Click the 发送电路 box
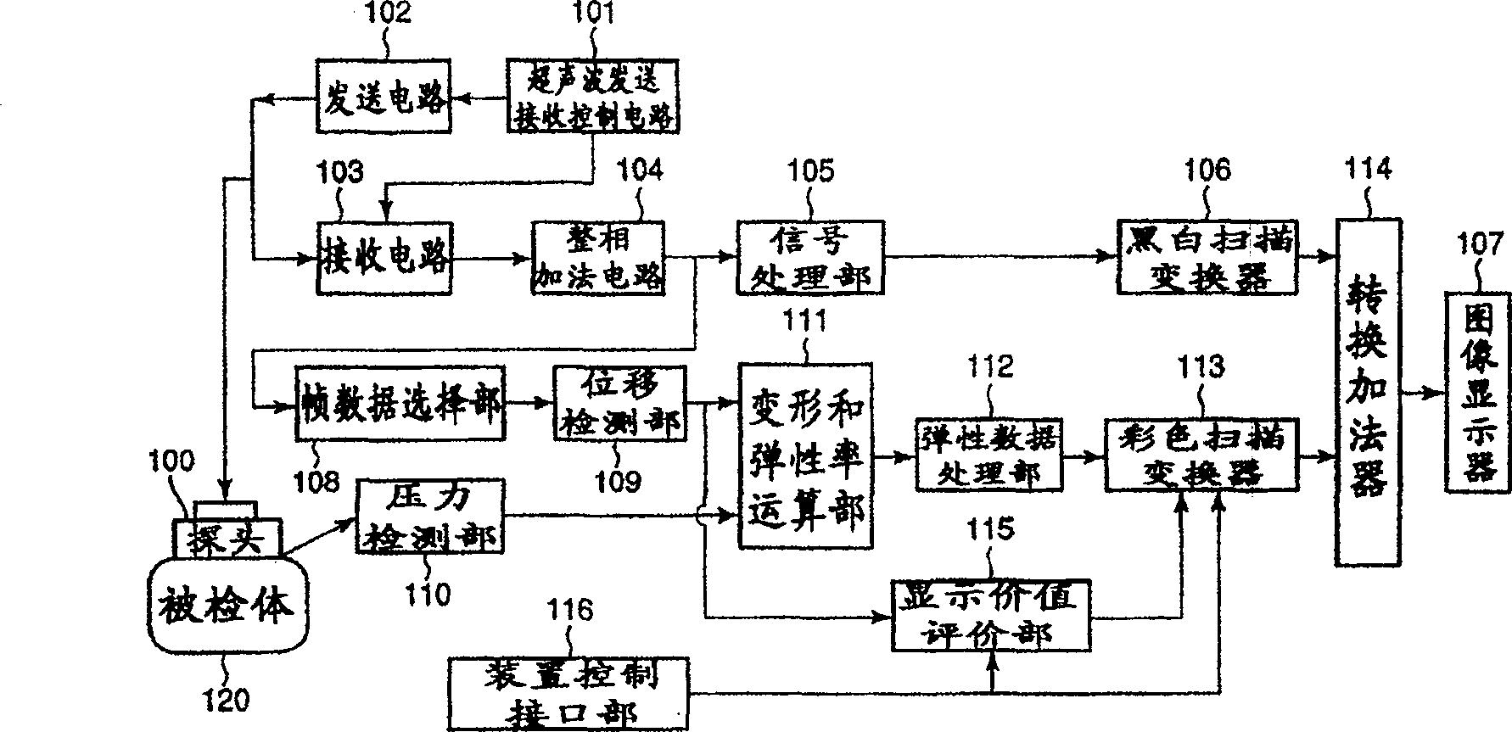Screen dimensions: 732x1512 pyautogui.click(x=384, y=96)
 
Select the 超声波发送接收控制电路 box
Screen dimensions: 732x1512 pyautogui.click(x=593, y=95)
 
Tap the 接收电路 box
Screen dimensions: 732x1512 pyautogui.click(x=384, y=258)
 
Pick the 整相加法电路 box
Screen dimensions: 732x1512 pyautogui.click(x=598, y=258)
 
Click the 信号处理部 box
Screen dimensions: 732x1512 pyautogui.click(x=809, y=258)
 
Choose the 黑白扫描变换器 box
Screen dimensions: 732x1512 pyautogui.click(x=1207, y=258)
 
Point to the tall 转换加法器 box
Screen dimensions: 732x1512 pyautogui.click(x=1368, y=392)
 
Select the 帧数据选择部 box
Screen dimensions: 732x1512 pyautogui.click(x=400, y=403)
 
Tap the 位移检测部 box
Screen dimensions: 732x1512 pyautogui.click(x=619, y=403)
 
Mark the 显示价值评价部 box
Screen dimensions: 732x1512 pyautogui.click(x=990, y=614)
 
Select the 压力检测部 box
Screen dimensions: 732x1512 pyautogui.click(x=429, y=517)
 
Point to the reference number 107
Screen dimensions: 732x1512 pyautogui.click(x=1481, y=244)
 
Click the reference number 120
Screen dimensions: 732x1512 pyautogui.click(x=227, y=700)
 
